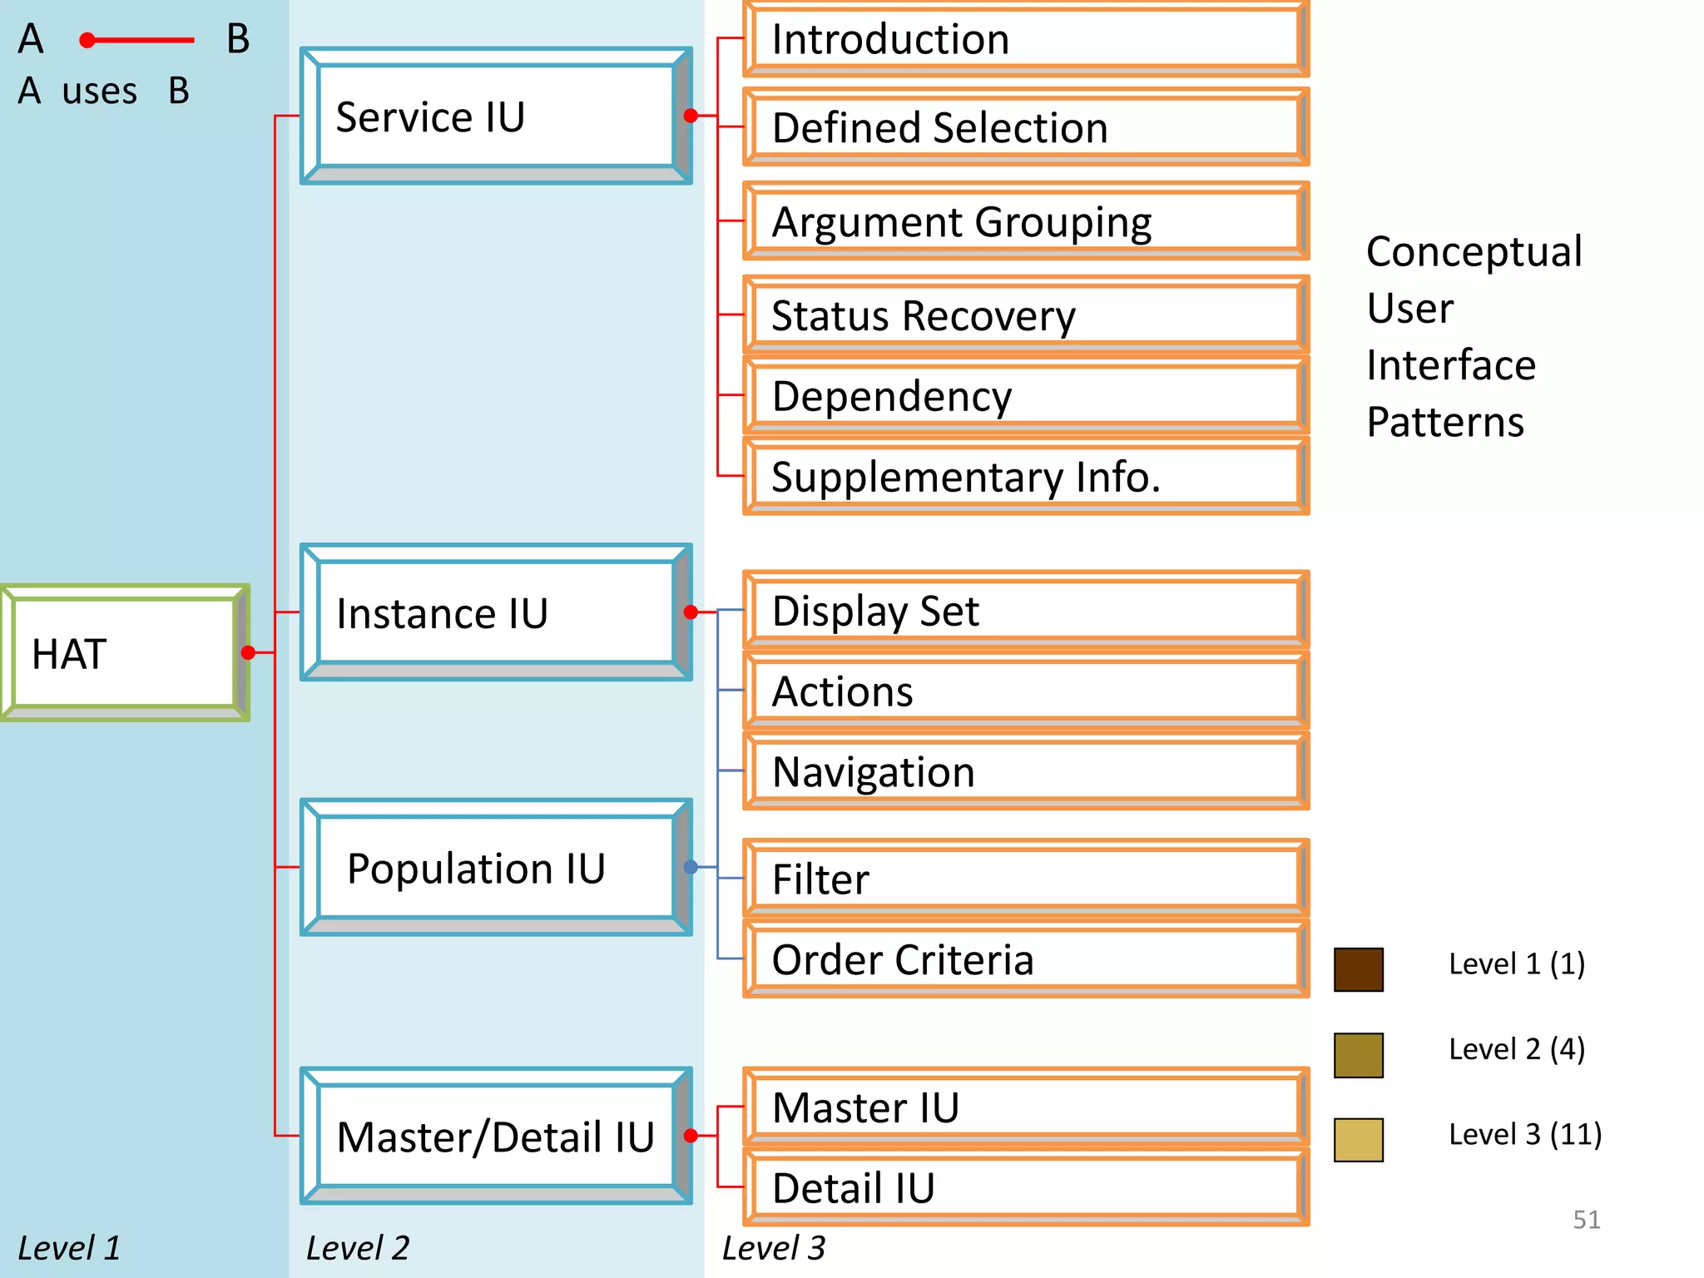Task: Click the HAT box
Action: pyautogui.click(x=125, y=653)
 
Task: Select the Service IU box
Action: pyautogui.click(x=496, y=116)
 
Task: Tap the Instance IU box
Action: pyautogui.click(x=496, y=613)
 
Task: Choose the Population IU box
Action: pyautogui.click(x=496, y=868)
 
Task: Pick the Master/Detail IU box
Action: pyautogui.click(x=496, y=1137)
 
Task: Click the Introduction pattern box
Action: pyautogui.click(x=1025, y=39)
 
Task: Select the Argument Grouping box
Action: pyautogui.click(x=1025, y=221)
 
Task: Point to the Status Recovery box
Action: pyautogui.click(x=1025, y=315)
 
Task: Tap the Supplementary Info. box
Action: pyautogui.click(x=1025, y=477)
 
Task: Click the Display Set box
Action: pyautogui.click(x=1025, y=611)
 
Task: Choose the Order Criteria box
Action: pyautogui.click(x=1025, y=959)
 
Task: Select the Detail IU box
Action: pyautogui.click(x=1025, y=1187)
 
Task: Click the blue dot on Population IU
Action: pyautogui.click(x=691, y=867)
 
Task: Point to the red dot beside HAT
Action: pyautogui.click(x=248, y=652)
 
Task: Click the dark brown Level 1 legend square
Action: pyautogui.click(x=1358, y=969)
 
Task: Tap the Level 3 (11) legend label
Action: pyautogui.click(x=1524, y=1134)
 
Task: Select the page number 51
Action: pyautogui.click(x=1586, y=1220)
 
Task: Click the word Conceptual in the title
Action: pyautogui.click(x=1474, y=251)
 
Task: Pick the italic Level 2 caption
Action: pyautogui.click(x=358, y=1248)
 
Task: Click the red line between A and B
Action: pyautogui.click(x=141, y=40)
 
